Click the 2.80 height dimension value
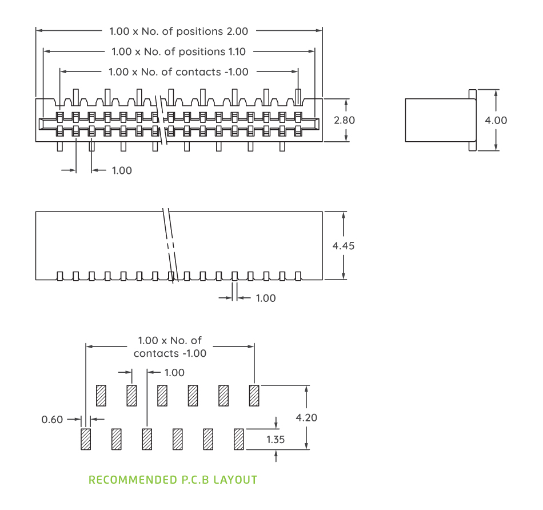click(345, 121)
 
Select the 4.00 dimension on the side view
click(496, 120)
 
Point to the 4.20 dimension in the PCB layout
click(306, 417)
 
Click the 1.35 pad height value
click(276, 440)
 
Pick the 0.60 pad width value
click(52, 420)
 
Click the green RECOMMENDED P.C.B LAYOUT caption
click(173, 480)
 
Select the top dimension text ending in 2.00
click(179, 31)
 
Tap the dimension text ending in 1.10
click(179, 51)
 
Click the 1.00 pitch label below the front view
click(121, 170)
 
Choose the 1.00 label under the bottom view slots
click(265, 298)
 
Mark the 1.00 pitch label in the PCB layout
click(174, 373)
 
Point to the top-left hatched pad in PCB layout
click(101, 395)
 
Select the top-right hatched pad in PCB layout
click(254, 395)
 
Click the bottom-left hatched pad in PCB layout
click(86, 439)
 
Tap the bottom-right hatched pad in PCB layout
click(239, 439)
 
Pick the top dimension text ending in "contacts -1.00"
click(178, 72)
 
